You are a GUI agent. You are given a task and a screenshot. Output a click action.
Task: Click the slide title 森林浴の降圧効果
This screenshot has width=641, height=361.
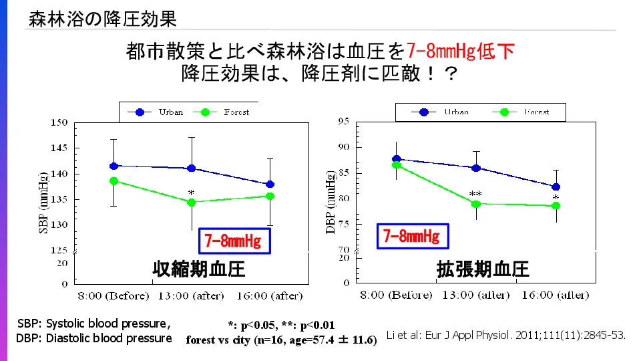[102, 19]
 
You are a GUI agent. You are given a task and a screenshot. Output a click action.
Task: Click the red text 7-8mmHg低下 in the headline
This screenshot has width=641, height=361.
[460, 51]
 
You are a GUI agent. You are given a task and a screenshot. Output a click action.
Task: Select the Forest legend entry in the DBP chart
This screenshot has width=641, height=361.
[527, 112]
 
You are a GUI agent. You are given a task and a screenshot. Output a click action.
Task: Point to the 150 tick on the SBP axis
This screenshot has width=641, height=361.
[59, 122]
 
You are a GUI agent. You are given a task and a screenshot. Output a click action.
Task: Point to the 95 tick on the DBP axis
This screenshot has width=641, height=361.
[345, 121]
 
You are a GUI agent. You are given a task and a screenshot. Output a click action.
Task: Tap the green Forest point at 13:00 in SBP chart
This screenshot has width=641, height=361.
[192, 202]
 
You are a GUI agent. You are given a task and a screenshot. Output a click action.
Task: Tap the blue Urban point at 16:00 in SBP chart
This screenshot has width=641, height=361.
[270, 184]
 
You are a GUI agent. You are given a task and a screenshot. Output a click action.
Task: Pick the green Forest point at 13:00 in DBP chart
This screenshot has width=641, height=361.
[475, 203]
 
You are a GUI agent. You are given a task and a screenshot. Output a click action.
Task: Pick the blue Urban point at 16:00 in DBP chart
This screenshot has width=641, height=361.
[556, 187]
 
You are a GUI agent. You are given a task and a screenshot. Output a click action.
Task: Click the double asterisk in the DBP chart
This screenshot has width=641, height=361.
[475, 195]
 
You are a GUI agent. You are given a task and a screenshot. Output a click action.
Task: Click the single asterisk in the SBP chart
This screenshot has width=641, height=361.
[192, 193]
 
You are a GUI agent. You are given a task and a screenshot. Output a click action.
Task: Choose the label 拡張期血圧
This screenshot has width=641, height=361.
[483, 269]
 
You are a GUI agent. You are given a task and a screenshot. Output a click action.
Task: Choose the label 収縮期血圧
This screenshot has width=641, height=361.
[198, 269]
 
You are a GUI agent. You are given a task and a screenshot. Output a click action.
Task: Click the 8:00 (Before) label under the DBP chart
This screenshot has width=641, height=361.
[397, 295]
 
